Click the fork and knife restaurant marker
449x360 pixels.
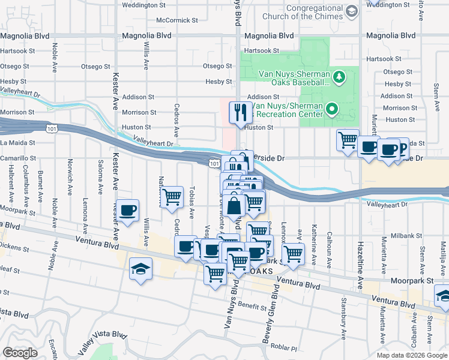coord(241,112)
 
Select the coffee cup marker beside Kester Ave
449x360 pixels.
coord(128,211)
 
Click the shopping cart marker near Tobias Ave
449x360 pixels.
coord(172,196)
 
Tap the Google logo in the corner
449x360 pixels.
coord(20,353)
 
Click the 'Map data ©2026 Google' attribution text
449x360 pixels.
coord(412,355)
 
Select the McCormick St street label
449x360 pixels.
coord(176,20)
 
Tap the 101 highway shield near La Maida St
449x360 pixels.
coord(51,128)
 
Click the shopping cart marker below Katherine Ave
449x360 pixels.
coord(293,253)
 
